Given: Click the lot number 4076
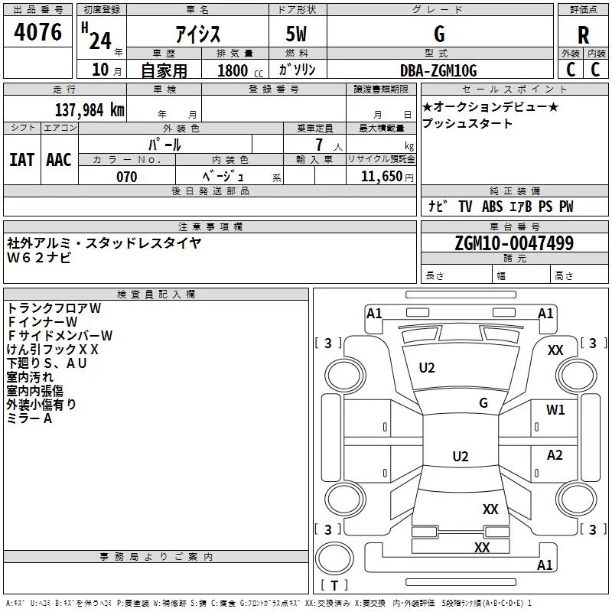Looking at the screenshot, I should [x=38, y=33].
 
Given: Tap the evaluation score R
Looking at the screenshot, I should [x=584, y=35].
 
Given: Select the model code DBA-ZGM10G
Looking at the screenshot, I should [x=438, y=70].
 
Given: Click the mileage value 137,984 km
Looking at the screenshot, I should [x=90, y=110].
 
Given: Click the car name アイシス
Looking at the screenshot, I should [x=197, y=34].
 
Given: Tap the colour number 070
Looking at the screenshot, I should [x=126, y=177].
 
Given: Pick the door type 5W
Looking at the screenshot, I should [x=298, y=34].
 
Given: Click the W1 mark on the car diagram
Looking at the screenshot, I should [x=555, y=410].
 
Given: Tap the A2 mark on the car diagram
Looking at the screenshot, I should [x=555, y=455].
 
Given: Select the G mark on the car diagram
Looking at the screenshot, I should [x=483, y=403].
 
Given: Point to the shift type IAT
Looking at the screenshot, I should [x=22, y=160].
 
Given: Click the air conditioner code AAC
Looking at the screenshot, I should [x=59, y=160].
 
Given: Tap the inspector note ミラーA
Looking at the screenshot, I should [x=29, y=418].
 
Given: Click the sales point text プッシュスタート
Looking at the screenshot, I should [x=467, y=123].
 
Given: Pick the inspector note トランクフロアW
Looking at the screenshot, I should [x=54, y=308].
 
